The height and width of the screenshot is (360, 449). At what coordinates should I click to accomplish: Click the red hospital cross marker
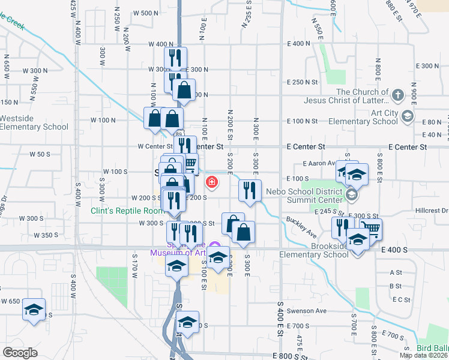211,182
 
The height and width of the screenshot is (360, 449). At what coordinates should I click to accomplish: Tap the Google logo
20,353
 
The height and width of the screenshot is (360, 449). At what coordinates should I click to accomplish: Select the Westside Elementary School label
34,122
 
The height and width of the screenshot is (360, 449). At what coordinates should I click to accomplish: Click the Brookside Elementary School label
314,254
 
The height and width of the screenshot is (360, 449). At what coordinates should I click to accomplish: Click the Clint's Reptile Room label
127,211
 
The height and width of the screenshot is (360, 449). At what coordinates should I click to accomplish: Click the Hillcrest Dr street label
432,211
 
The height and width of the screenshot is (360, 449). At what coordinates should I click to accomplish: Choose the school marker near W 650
34,310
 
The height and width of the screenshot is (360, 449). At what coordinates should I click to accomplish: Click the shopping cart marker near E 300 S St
372,228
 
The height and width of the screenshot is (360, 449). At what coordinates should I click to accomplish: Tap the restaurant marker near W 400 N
176,58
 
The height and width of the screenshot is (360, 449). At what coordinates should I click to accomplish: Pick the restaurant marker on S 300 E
250,190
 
